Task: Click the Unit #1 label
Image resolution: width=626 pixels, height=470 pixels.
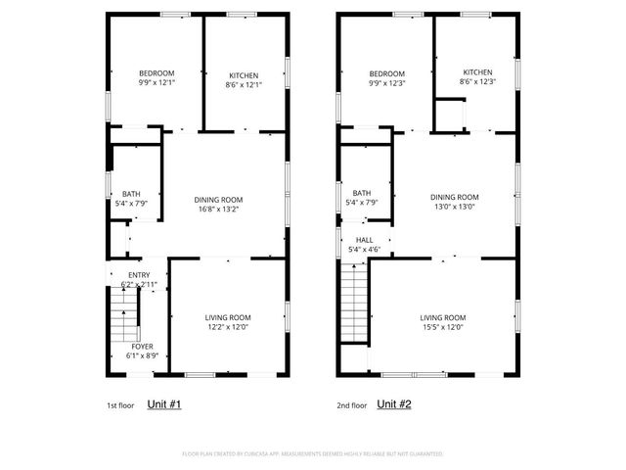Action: [x=163, y=403]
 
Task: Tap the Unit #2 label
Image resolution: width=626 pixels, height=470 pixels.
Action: [x=394, y=403]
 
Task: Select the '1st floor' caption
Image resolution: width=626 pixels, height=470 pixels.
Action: [x=120, y=404]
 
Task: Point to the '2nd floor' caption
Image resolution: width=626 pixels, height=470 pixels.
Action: [x=351, y=404]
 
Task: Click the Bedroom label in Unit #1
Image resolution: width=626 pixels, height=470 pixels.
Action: [x=156, y=73]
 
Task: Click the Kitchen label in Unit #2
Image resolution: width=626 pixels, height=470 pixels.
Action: [x=477, y=72]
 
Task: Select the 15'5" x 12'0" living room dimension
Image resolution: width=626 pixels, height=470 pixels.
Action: [x=443, y=328]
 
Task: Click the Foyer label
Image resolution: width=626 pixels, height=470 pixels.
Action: [x=142, y=346]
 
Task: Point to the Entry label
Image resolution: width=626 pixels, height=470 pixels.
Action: [x=139, y=276]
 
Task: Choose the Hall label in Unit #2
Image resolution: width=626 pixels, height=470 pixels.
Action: [x=364, y=239]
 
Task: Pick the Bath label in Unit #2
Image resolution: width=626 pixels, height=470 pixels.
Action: [x=362, y=193]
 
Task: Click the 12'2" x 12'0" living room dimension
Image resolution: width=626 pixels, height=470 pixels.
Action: [x=228, y=328]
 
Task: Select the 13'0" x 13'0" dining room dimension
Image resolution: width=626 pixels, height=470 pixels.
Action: [x=454, y=207]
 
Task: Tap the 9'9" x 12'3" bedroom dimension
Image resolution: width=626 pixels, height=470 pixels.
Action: [x=386, y=84]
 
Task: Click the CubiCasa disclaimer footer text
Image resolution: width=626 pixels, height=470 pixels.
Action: [x=312, y=454]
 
